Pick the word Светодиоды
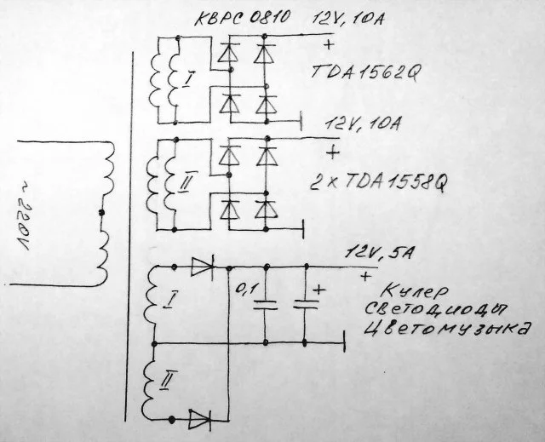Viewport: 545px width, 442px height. point(434,307)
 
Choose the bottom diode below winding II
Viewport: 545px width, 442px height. point(200,418)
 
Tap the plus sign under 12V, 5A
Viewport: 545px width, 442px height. point(365,277)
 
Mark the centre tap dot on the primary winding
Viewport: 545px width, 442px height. point(101,212)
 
